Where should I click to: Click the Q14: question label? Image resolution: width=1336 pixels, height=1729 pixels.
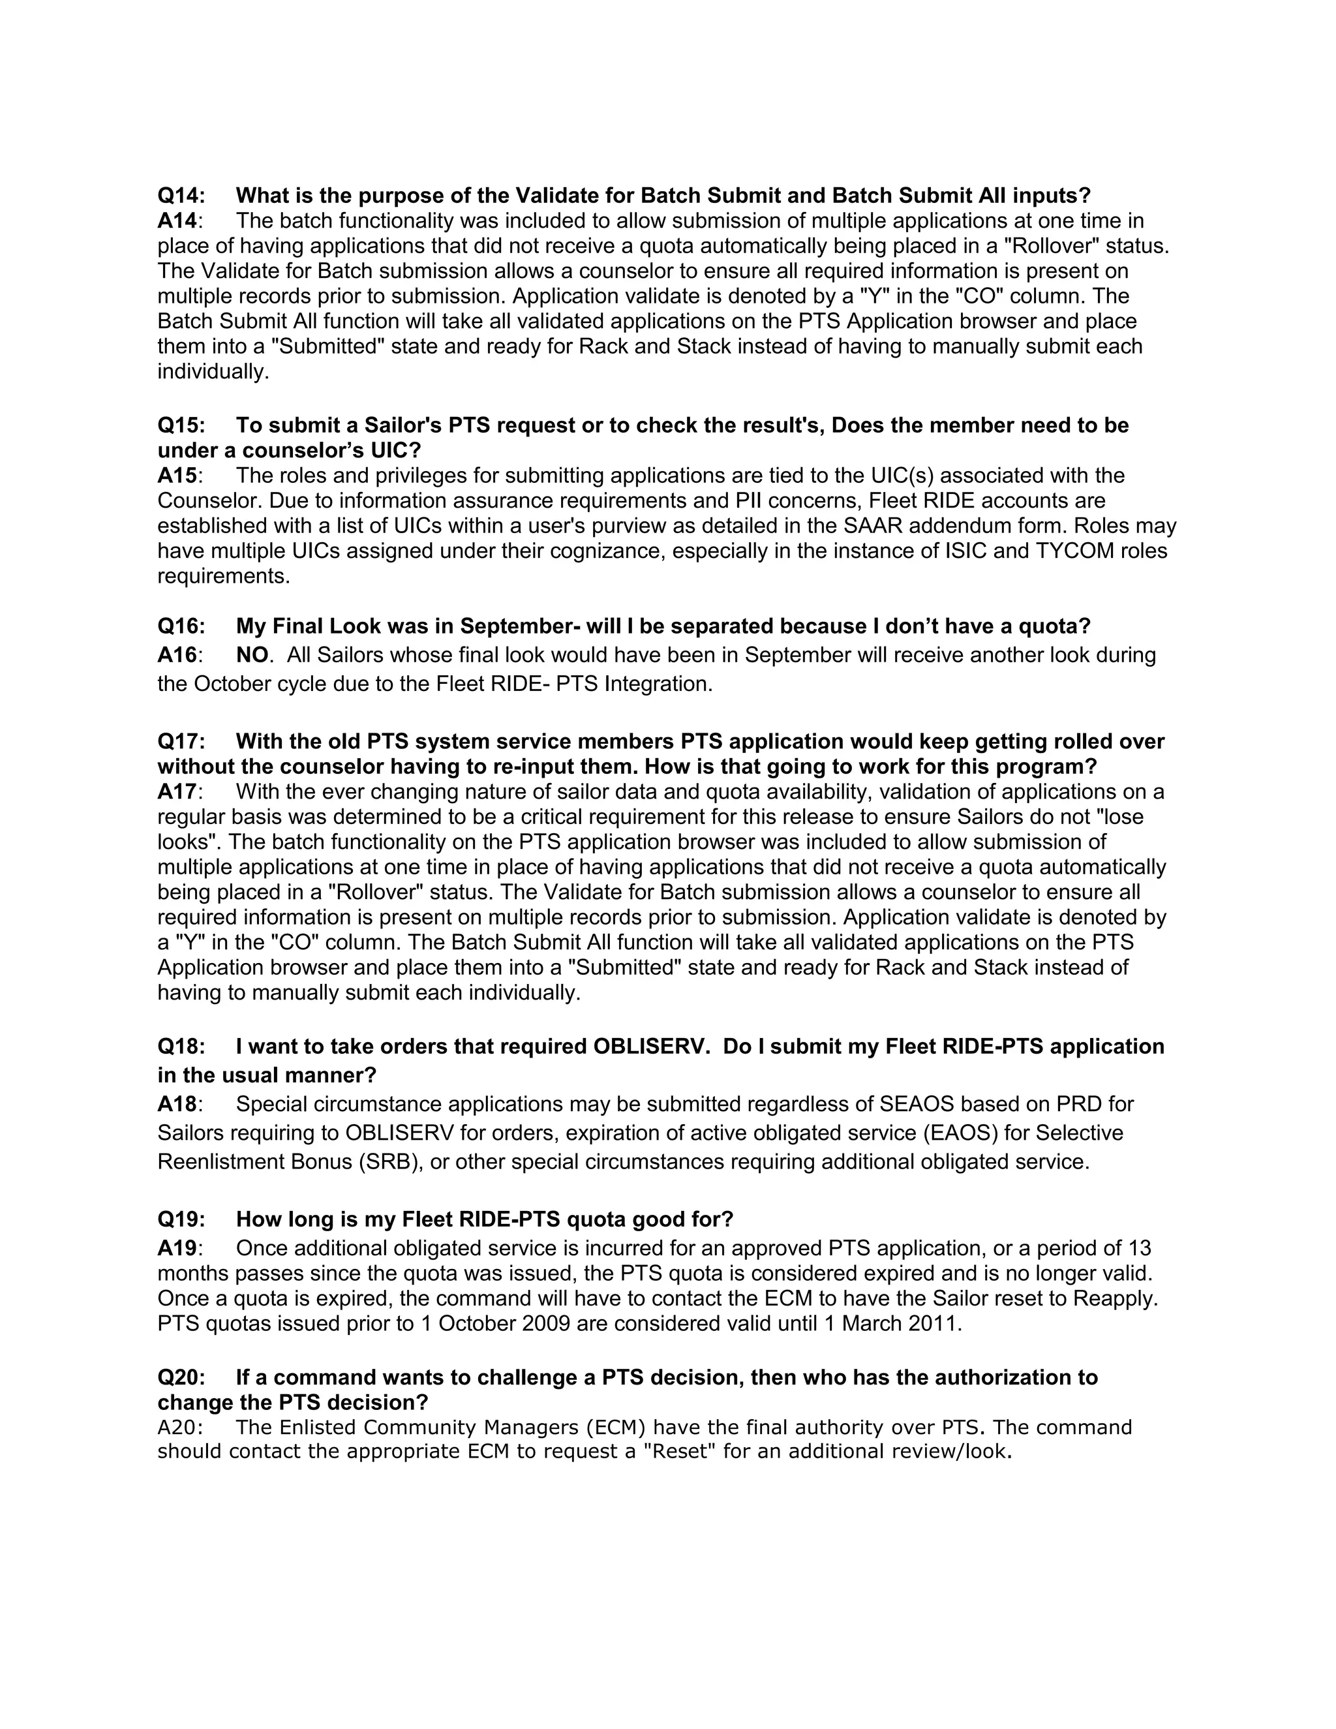coord(181,196)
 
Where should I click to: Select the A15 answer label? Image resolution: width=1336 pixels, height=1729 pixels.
coord(177,476)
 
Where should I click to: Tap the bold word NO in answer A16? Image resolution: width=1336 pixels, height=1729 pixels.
coord(252,656)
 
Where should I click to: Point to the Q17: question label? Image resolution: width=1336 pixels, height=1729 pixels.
coord(181,742)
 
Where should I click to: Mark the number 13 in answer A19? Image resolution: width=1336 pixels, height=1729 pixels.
coord(1139,1248)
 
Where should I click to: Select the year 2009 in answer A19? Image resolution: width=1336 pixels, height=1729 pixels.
coord(546,1324)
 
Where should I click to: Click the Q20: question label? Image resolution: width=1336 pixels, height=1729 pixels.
coord(181,1377)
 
